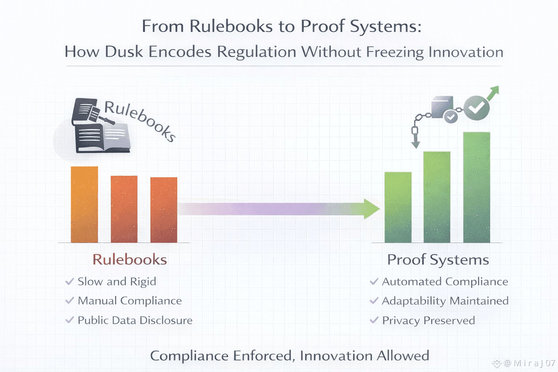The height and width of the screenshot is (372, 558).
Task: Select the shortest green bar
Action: point(398,207)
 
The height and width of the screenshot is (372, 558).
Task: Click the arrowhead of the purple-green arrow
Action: point(371,209)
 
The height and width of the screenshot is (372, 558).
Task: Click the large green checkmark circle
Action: point(476,108)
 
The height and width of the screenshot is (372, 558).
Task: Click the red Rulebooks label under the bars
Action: point(130,260)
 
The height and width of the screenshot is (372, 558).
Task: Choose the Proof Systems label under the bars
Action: point(438,260)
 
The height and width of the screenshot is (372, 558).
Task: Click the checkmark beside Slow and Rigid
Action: point(69,282)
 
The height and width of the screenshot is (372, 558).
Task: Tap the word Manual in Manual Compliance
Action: point(97,301)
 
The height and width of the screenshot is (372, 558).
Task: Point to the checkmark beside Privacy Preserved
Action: point(374,320)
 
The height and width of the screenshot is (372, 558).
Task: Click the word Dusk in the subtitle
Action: point(124,52)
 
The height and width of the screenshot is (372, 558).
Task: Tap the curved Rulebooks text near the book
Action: point(140,120)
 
